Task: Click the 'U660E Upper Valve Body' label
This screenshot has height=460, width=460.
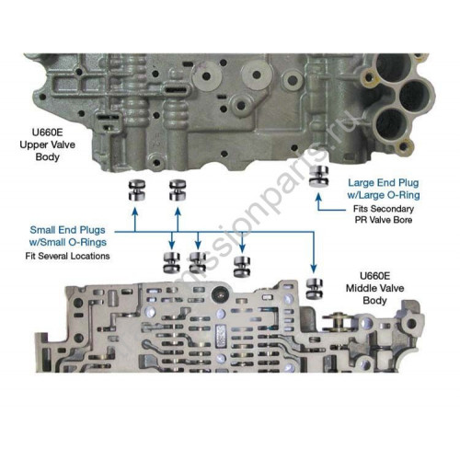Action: pyautogui.click(x=47, y=144)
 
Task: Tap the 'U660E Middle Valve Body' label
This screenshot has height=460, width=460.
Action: pyautogui.click(x=374, y=288)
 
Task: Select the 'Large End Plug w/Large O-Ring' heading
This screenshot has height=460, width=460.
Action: pyautogui.click(x=384, y=189)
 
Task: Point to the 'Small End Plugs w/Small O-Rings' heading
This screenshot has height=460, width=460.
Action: pyautogui.click(x=68, y=236)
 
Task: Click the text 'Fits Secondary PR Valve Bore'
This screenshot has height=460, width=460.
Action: pyautogui.click(x=384, y=214)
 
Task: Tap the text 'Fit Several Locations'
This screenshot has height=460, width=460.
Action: pyautogui.click(x=67, y=256)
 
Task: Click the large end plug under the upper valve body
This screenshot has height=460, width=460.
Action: pyautogui.click(x=318, y=176)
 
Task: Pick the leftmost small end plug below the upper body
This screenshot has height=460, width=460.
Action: pyautogui.click(x=137, y=190)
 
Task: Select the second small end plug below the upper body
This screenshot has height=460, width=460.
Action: pyautogui.click(x=178, y=190)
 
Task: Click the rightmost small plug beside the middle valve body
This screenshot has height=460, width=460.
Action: pyautogui.click(x=315, y=289)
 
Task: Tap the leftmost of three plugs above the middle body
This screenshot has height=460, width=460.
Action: pyautogui.click(x=171, y=263)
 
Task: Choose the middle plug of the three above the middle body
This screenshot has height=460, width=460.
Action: pyautogui.click(x=198, y=263)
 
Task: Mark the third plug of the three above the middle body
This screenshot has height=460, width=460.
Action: pyautogui.click(x=242, y=267)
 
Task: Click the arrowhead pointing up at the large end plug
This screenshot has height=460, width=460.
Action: pyautogui.click(x=318, y=197)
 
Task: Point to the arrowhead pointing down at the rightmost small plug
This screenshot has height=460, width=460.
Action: pyautogui.click(x=313, y=269)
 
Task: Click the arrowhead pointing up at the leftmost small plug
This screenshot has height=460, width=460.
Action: pyautogui.click(x=135, y=211)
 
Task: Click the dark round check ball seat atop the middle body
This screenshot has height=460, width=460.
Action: pyautogui.click(x=220, y=294)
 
